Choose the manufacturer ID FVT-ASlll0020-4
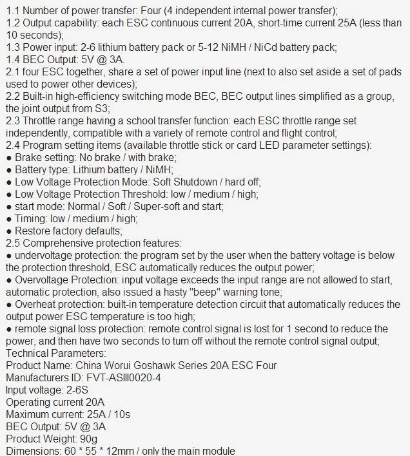coord(122,377)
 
